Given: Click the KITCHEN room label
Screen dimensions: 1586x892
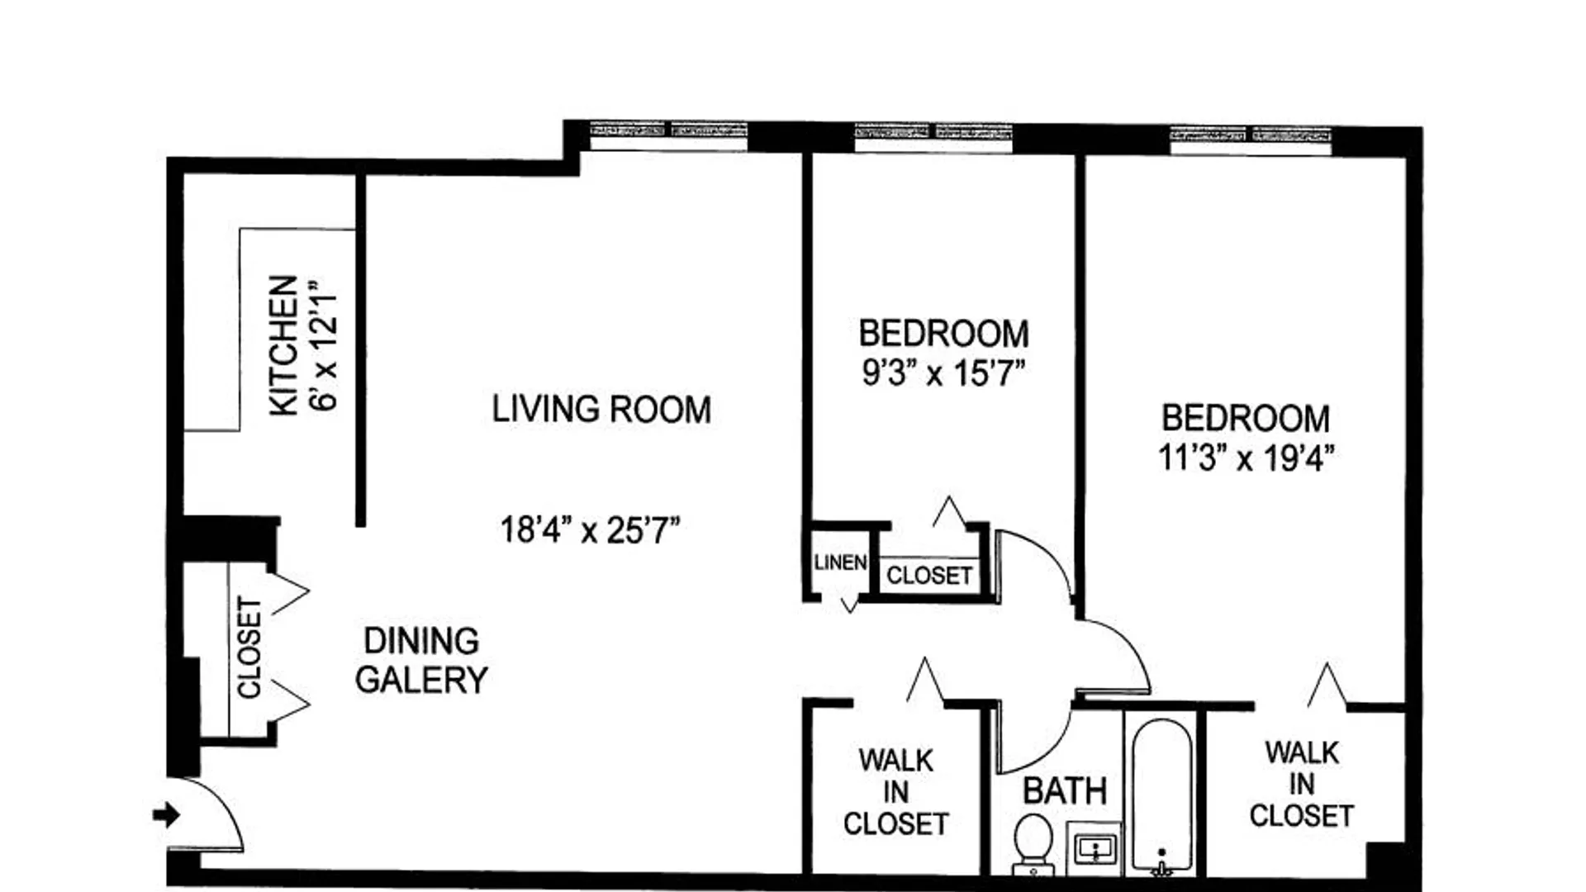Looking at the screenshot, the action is [x=283, y=345].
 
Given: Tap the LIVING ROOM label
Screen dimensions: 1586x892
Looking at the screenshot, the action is [x=601, y=410].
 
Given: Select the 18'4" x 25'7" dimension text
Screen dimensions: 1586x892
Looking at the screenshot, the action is [x=590, y=529].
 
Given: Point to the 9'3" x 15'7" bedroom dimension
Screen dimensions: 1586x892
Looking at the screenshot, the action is [x=943, y=372].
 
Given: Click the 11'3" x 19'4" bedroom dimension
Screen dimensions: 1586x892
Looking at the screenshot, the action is [x=1246, y=457].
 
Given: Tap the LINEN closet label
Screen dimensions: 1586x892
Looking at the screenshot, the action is [x=840, y=562].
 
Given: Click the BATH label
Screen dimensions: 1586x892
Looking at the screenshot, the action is [x=1065, y=791].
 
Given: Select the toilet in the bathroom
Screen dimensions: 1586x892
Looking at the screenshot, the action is [x=1033, y=842].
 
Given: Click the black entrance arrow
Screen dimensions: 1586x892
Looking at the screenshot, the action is [x=166, y=815].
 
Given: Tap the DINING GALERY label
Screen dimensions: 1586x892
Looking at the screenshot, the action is [x=421, y=660].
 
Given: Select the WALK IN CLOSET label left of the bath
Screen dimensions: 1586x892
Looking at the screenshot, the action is [x=895, y=792].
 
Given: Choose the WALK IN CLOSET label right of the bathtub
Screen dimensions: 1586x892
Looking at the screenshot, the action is [x=1301, y=784].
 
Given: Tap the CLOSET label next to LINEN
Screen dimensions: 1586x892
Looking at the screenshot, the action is [x=929, y=576].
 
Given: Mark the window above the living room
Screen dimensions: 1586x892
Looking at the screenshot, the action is [x=669, y=136].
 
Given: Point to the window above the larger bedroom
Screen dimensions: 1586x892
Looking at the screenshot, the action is [x=1251, y=140].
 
